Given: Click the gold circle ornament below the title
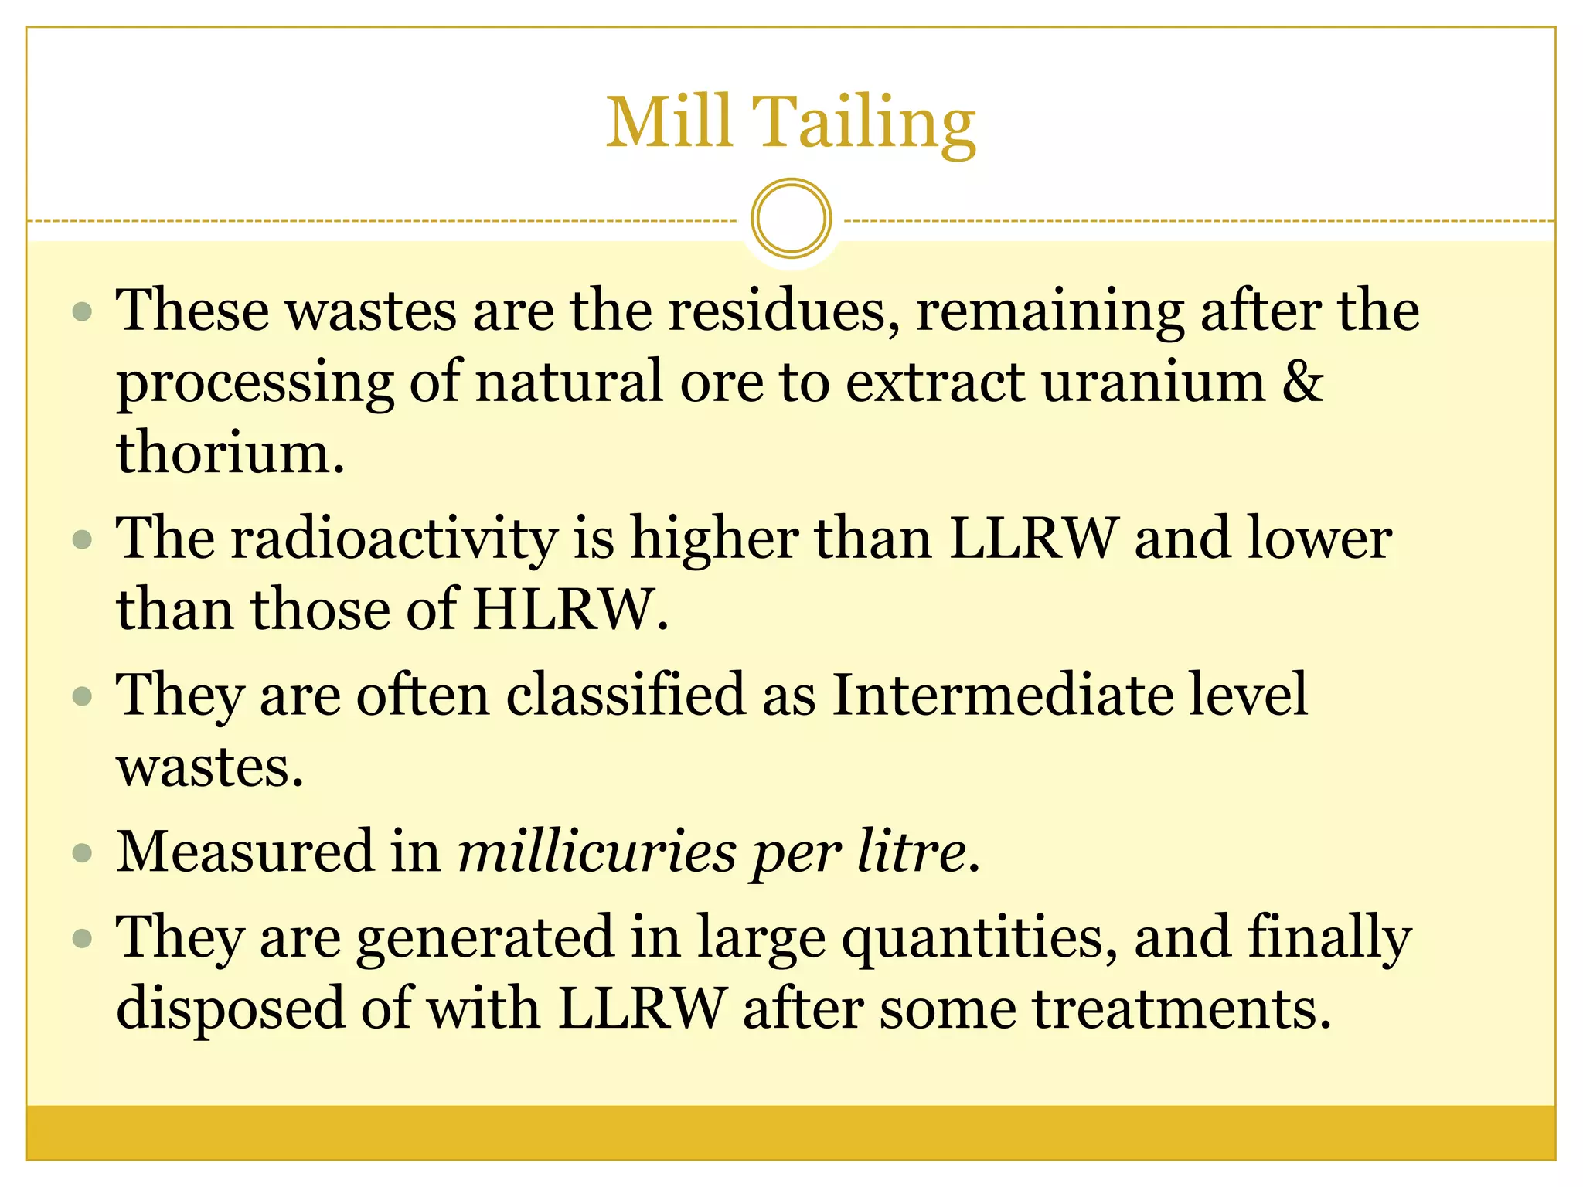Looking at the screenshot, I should tap(791, 219).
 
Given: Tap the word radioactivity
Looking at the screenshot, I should tap(394, 539).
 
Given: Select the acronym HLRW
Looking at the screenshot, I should tap(570, 610).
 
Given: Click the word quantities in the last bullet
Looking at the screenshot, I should tap(979, 938).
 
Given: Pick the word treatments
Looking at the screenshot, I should tap(1182, 1009).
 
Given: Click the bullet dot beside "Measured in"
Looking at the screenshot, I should tap(82, 854).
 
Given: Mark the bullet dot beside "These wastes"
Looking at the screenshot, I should tap(82, 311).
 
